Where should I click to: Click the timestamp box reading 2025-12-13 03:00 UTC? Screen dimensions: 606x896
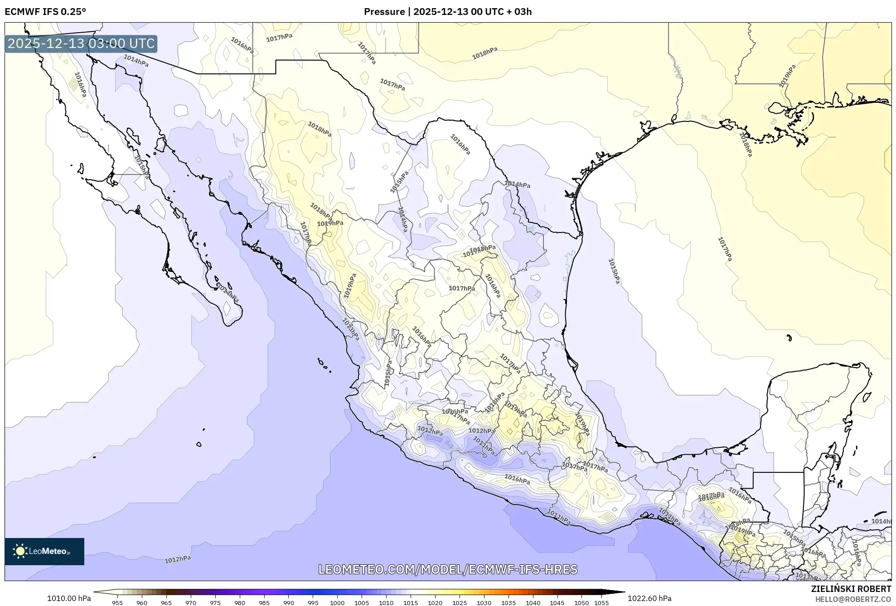pyautogui.click(x=81, y=44)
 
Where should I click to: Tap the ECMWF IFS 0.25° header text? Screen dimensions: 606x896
pyautogui.click(x=45, y=12)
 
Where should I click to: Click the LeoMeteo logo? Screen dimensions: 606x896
pyautogui.click(x=44, y=551)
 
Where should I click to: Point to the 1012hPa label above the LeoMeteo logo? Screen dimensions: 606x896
pyautogui.click(x=177, y=559)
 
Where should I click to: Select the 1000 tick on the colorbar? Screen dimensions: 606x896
pyautogui.click(x=337, y=603)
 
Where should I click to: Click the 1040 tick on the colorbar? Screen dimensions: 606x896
pyautogui.click(x=533, y=603)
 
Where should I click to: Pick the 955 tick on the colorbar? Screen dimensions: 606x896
pyautogui.click(x=117, y=603)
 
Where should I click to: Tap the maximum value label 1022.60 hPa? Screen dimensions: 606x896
pyautogui.click(x=649, y=598)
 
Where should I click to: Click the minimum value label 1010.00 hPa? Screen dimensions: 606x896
pyautogui.click(x=69, y=598)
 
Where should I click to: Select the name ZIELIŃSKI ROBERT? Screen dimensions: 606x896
pyautogui.click(x=851, y=589)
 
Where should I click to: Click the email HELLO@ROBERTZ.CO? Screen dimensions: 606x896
pyautogui.click(x=853, y=599)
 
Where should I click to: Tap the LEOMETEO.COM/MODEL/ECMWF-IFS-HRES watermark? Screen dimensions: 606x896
pyautogui.click(x=448, y=569)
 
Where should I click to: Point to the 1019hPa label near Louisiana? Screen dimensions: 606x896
pyautogui.click(x=787, y=76)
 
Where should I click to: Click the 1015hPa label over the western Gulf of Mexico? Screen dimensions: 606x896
pyautogui.click(x=614, y=271)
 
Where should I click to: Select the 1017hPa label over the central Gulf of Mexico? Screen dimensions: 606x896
pyautogui.click(x=725, y=249)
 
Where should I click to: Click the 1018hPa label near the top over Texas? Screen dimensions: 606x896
pyautogui.click(x=484, y=53)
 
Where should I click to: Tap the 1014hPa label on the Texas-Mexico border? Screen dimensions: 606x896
pyautogui.click(x=517, y=184)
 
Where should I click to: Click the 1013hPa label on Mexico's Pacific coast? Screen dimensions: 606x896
pyautogui.click(x=350, y=329)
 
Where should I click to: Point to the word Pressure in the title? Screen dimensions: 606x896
pyautogui.click(x=384, y=12)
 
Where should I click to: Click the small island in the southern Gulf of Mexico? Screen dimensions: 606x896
pyautogui.click(x=789, y=338)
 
